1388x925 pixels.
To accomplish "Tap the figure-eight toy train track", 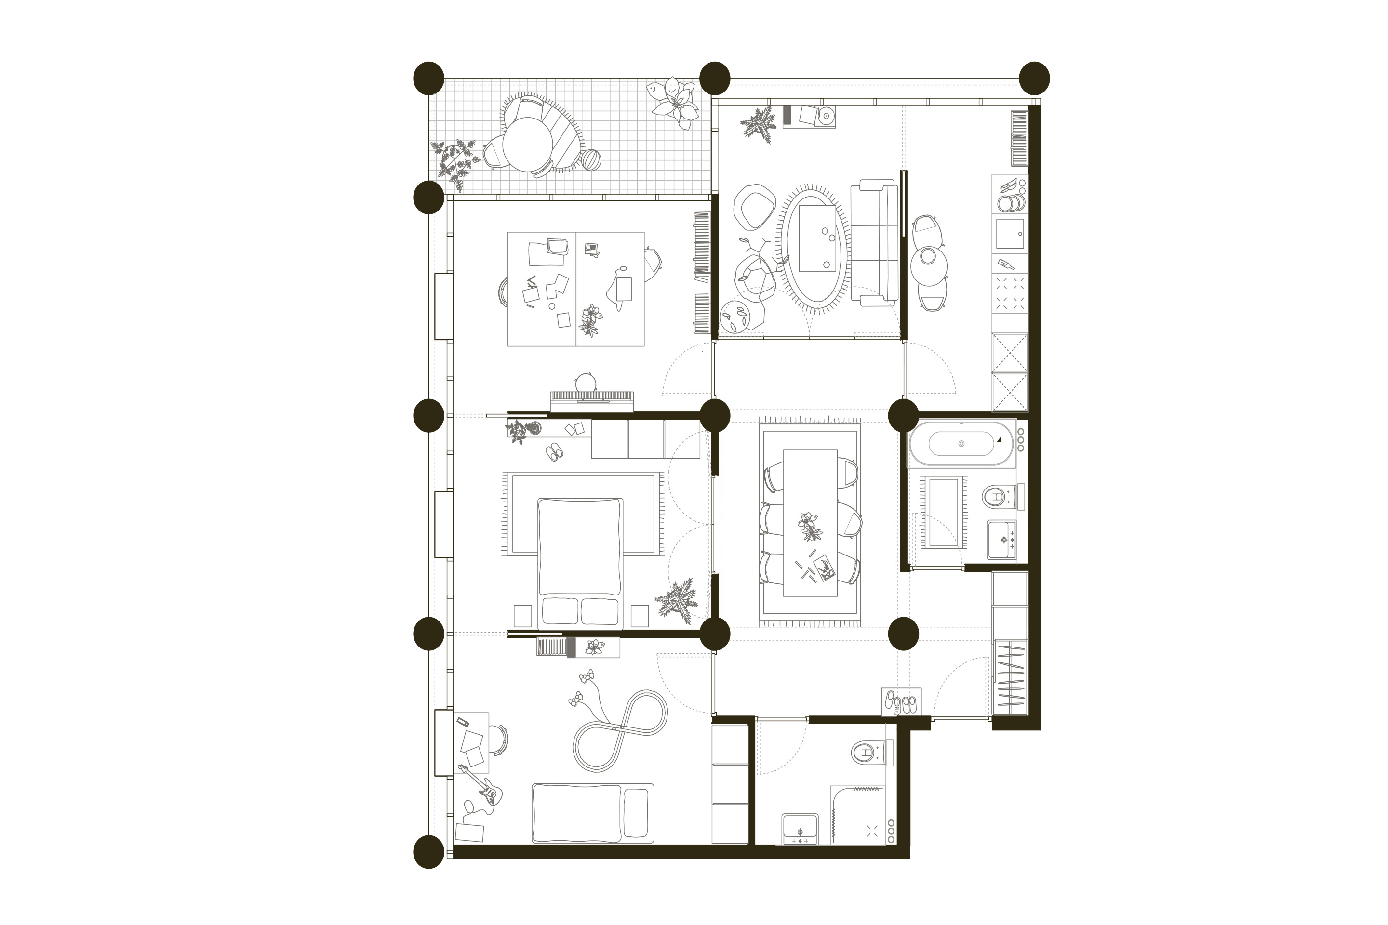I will [x=620, y=730].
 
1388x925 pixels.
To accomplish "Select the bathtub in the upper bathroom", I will [x=961, y=444].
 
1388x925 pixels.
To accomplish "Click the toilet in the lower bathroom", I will [x=865, y=753].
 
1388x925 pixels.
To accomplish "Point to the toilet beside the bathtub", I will [x=996, y=496].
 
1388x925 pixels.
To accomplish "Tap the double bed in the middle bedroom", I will [x=580, y=561].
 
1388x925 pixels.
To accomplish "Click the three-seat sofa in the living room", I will [x=875, y=242].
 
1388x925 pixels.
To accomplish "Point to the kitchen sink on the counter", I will [x=1010, y=234].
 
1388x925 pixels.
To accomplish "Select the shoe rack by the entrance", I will [x=901, y=702].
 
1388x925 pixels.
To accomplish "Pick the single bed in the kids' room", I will [x=592, y=813].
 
